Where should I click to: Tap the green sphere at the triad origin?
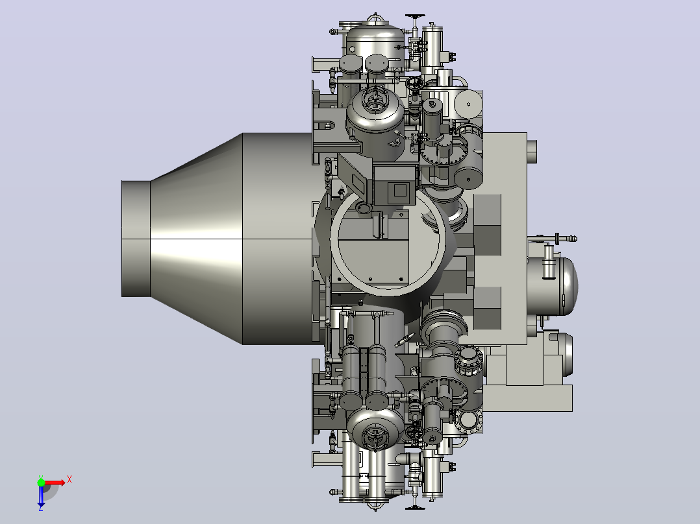(x=41, y=482)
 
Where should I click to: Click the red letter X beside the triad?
(x=69, y=480)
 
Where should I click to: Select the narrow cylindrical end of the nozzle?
(x=136, y=239)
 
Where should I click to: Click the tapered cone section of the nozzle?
(x=196, y=239)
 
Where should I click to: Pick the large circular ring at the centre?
(x=388, y=243)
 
